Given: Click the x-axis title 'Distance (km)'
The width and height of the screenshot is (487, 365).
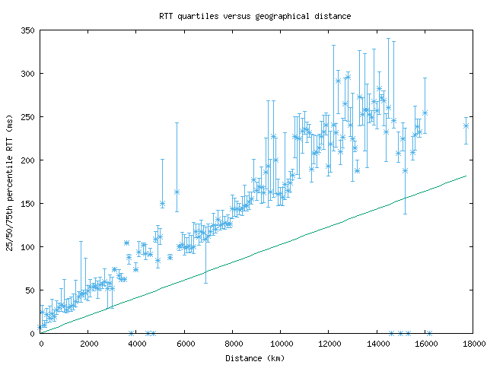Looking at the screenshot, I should [x=255, y=357].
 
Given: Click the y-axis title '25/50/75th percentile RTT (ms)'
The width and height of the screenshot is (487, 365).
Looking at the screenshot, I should [x=10, y=182].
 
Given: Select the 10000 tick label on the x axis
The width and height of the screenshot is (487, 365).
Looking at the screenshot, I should [x=280, y=344].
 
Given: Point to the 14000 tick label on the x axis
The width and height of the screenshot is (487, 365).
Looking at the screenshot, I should [x=376, y=344].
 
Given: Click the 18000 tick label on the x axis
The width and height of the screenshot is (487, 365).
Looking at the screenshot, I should [x=472, y=344].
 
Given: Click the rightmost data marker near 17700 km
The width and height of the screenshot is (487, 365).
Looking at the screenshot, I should [x=466, y=125].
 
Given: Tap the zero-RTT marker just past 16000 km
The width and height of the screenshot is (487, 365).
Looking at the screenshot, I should [x=429, y=333].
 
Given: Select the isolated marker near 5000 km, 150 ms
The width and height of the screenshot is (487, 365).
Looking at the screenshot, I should [x=162, y=204].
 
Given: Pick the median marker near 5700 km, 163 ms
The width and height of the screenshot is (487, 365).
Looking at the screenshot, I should [x=177, y=192].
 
